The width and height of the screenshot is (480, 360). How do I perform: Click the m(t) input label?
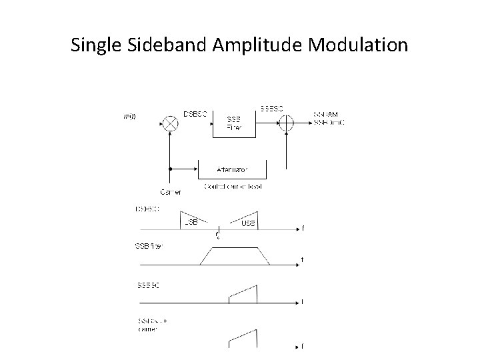point(130,117)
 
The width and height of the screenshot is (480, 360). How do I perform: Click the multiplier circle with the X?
point(171,123)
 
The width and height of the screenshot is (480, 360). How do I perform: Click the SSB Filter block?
point(235,123)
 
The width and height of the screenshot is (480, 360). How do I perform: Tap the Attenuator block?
point(233,169)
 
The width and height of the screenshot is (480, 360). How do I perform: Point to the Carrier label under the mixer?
point(170,192)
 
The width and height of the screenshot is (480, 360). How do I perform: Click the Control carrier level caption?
point(233,186)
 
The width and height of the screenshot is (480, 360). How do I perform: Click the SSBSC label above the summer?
point(271,107)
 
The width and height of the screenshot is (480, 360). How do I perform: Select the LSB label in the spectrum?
point(191,222)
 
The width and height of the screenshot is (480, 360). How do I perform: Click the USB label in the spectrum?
point(248,222)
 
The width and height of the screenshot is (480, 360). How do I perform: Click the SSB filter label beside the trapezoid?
point(149,246)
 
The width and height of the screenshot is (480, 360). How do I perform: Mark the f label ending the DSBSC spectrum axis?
point(303,229)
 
